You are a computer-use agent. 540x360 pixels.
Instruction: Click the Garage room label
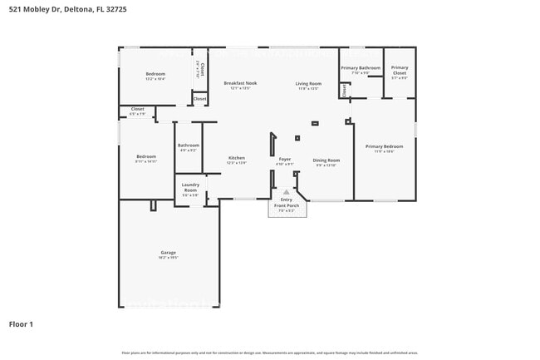click(x=168, y=252)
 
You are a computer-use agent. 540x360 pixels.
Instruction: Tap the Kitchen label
click(x=236, y=157)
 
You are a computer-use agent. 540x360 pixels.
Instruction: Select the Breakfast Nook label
click(x=240, y=83)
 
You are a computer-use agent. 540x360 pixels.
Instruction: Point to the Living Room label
click(x=308, y=83)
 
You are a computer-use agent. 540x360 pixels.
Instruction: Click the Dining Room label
click(x=326, y=160)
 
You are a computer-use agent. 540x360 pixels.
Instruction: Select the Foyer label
click(x=284, y=158)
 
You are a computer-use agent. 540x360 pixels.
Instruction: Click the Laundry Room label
click(x=190, y=187)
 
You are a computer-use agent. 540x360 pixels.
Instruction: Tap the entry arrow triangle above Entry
click(x=287, y=192)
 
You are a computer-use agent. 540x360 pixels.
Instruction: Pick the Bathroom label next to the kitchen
click(x=189, y=145)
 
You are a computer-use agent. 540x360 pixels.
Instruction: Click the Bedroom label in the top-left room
click(x=156, y=74)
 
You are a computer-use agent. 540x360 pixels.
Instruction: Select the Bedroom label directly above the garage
click(x=146, y=156)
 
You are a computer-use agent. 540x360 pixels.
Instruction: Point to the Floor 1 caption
click(x=21, y=323)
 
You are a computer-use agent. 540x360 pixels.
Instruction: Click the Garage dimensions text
click(x=168, y=258)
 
